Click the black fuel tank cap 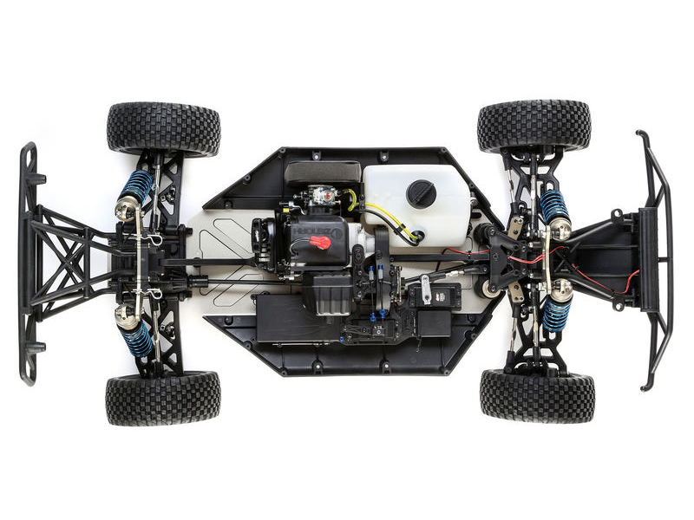(x=422, y=193)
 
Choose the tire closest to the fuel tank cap (x=534, y=126)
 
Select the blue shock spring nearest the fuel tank (x=553, y=205)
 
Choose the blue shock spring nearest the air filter (x=136, y=185)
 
